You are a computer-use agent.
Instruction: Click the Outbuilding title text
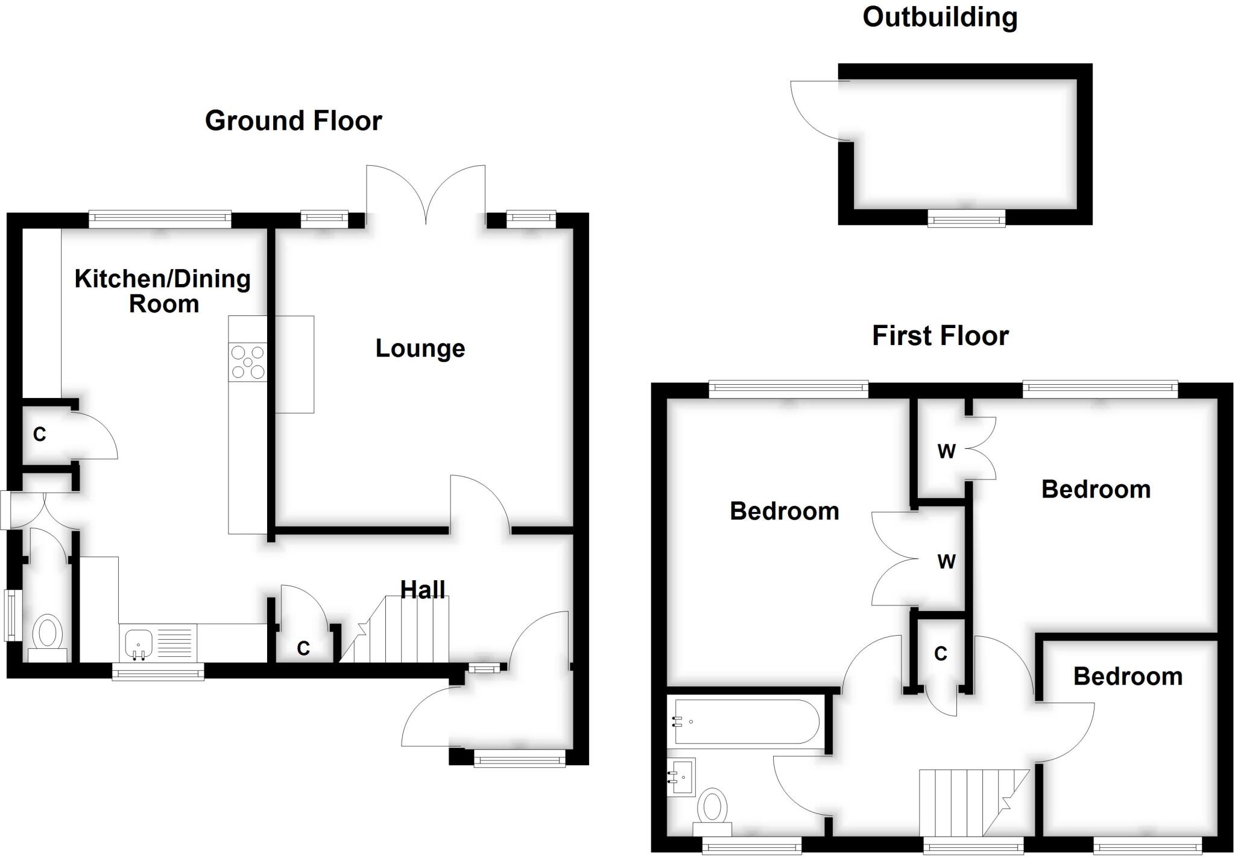coord(940,17)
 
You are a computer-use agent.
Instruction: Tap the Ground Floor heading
coord(293,121)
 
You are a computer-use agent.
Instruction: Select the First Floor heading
coord(940,336)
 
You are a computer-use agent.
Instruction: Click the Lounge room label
coord(420,349)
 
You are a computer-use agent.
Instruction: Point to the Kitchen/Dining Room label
coord(163,291)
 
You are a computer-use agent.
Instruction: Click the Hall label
coord(423,589)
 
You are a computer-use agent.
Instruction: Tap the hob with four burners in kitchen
coord(248,361)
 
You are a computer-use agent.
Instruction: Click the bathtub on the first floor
coord(747,721)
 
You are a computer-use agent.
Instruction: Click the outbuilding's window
coord(966,218)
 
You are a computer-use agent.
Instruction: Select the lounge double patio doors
coord(426,193)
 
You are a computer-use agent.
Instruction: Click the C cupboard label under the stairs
coord(303,648)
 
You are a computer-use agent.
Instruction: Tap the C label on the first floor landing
coord(941,653)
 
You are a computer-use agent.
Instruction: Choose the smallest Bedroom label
coord(1128,677)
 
